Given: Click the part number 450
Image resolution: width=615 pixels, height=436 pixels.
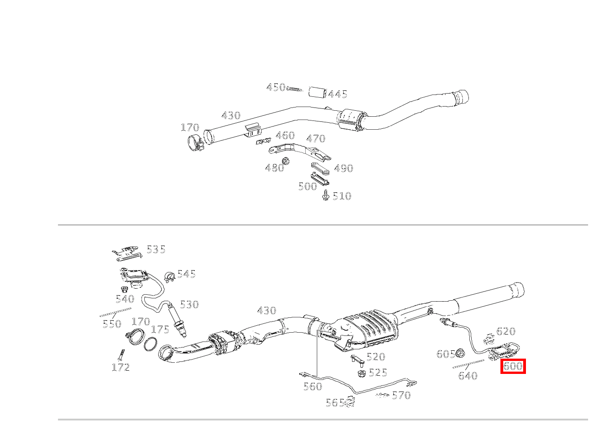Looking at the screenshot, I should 275,87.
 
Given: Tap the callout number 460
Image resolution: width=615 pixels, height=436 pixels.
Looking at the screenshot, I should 285,135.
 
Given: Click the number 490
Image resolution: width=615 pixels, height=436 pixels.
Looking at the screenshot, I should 343,169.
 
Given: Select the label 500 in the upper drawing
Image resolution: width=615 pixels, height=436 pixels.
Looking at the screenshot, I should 307,186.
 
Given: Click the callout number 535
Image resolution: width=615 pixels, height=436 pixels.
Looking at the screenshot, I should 156,249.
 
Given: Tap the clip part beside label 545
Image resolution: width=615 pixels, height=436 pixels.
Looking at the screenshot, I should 169,277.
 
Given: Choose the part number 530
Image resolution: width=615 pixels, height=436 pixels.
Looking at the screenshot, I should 189,304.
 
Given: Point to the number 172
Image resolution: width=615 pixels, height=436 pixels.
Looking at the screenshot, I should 120,367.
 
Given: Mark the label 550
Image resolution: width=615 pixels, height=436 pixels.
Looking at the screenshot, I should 111,324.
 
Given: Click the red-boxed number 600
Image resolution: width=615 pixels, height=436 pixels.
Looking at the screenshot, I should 513,366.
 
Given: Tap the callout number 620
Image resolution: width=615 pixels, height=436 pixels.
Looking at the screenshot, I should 506,331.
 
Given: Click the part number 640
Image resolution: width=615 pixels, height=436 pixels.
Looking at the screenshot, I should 468,376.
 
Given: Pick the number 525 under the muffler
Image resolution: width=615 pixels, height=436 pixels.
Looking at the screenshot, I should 378,373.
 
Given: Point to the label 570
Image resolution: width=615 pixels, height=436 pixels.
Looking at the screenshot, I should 401,395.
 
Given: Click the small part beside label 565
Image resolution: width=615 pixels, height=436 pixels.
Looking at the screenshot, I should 350,402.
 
